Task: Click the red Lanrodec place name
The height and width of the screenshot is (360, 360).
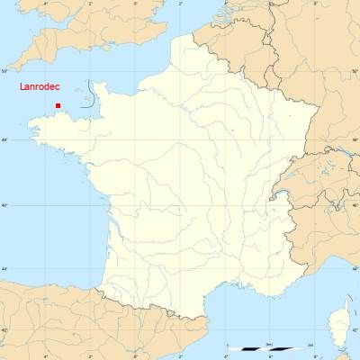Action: point(40,87)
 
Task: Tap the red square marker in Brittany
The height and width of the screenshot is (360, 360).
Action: point(58,106)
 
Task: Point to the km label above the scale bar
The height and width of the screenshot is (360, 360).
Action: point(269,343)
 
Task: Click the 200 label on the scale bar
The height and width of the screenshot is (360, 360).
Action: point(310,344)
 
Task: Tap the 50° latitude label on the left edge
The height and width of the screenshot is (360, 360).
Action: point(4,70)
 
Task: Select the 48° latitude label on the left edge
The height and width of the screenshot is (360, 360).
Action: point(4,139)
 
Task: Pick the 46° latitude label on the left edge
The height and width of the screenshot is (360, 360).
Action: point(4,205)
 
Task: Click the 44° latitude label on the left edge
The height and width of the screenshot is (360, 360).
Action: point(4,269)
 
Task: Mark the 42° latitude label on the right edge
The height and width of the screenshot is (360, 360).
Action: point(355,330)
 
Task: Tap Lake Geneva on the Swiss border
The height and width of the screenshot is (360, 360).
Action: point(286,191)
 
